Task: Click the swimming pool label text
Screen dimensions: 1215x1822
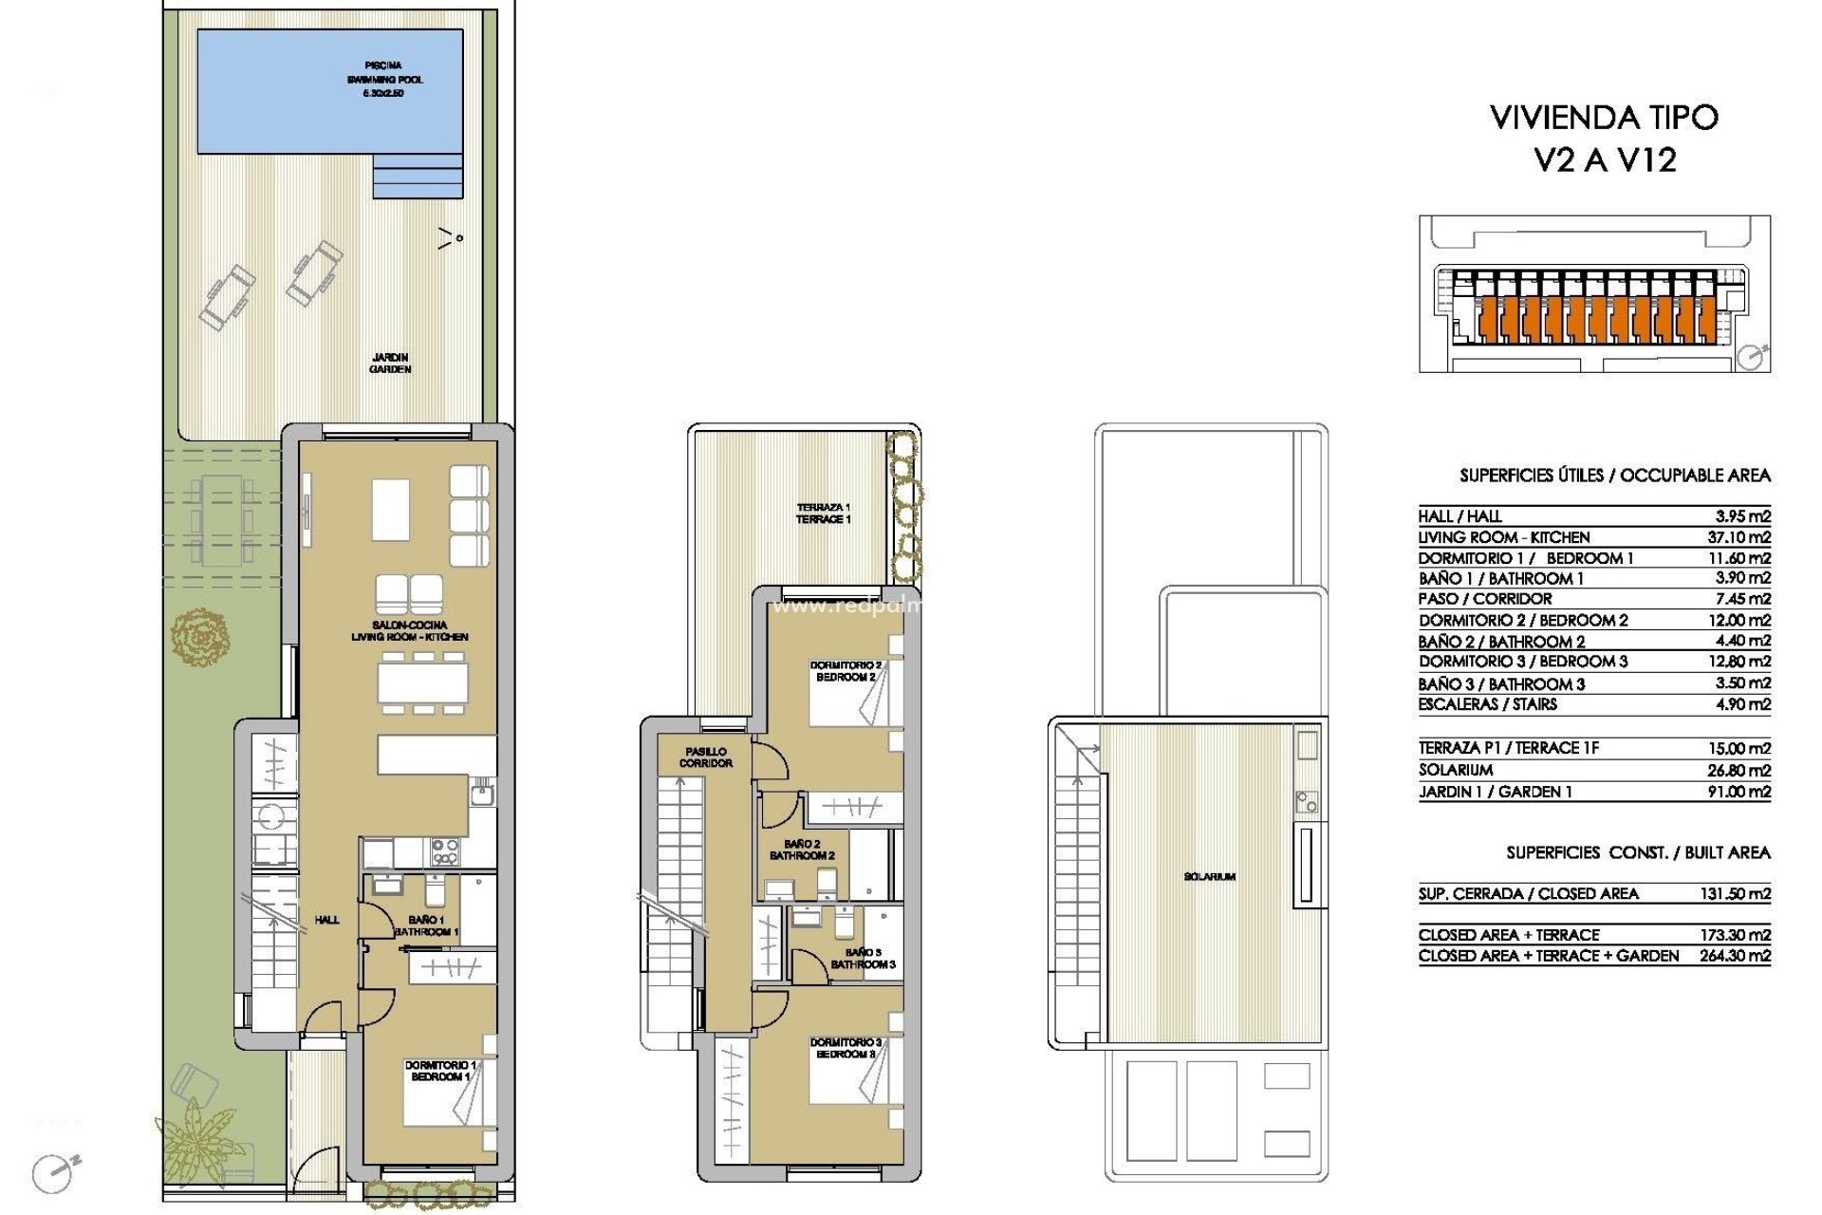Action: (x=384, y=80)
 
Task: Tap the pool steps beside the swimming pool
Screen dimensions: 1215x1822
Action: (x=418, y=178)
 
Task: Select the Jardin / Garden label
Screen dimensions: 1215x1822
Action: (x=390, y=364)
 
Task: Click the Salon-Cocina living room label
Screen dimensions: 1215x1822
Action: (x=409, y=631)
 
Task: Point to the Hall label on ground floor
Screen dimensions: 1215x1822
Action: (x=326, y=920)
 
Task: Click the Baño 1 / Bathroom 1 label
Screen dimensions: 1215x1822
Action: (x=426, y=925)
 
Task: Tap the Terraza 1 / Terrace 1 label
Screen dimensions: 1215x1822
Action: (x=823, y=514)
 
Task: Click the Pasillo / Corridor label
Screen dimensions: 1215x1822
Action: (x=705, y=757)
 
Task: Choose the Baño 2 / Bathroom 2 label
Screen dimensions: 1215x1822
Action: (x=802, y=850)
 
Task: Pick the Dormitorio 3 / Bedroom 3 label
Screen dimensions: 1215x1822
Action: (x=845, y=1048)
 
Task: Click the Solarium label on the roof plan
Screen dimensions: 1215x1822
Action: (x=1209, y=877)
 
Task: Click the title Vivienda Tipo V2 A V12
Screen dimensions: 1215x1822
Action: (x=1604, y=139)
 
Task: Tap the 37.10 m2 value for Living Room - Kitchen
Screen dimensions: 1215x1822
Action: (x=1738, y=537)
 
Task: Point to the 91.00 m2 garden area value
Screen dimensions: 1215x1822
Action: (x=1738, y=792)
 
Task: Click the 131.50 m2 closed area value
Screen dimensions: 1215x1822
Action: (x=1735, y=893)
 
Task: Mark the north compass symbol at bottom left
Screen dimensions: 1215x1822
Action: (x=53, y=1173)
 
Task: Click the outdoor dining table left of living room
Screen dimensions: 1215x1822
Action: (x=223, y=521)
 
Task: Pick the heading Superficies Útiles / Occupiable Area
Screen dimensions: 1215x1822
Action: (x=1614, y=476)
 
